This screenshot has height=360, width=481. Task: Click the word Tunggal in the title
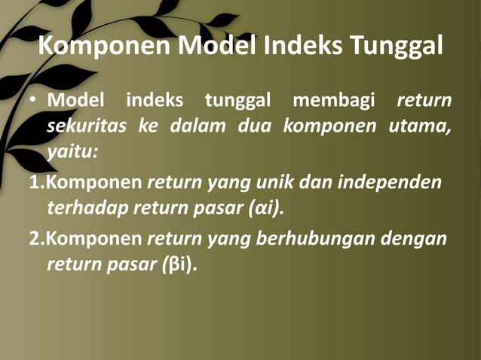pyautogui.click(x=396, y=46)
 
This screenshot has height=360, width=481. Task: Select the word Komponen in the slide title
pyautogui.click(x=103, y=46)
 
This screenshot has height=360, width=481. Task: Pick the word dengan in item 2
pyautogui.click(x=414, y=239)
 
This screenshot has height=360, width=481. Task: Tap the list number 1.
pyautogui.click(x=34, y=182)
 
